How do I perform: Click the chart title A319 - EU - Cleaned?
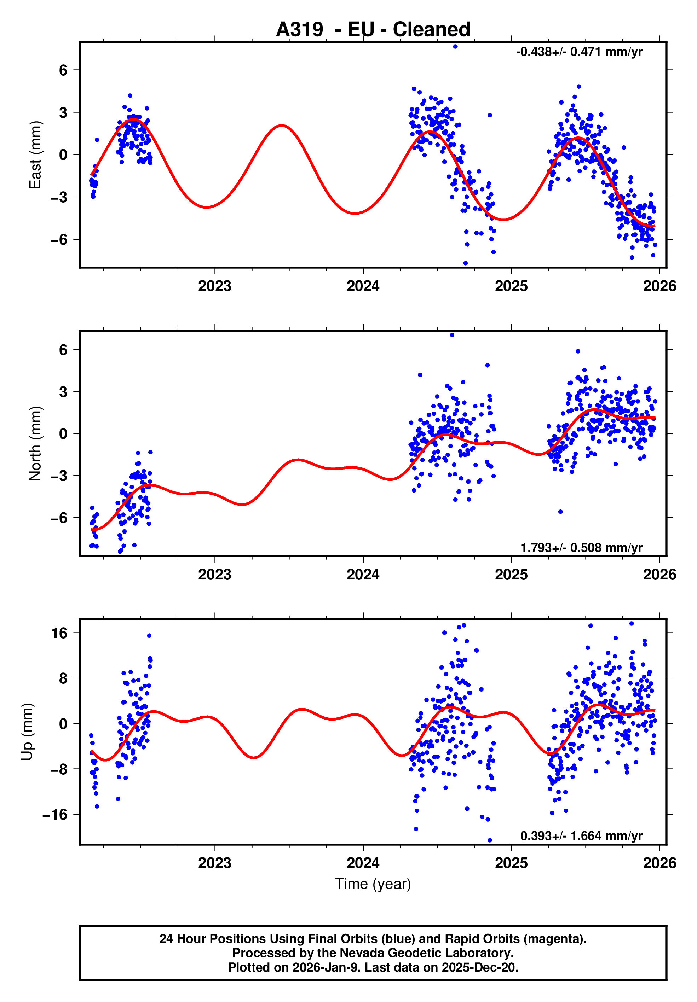[x=373, y=30]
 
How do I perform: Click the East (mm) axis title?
[x=35, y=155]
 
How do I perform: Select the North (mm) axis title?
[x=35, y=443]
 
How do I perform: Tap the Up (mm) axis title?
[x=27, y=732]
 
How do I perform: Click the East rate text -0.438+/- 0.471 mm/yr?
[x=579, y=52]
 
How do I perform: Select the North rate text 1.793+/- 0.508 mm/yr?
[x=581, y=548]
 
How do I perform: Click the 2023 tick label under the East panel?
[x=214, y=286]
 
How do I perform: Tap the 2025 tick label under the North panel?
[x=511, y=575]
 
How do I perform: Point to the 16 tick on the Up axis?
[x=59, y=633]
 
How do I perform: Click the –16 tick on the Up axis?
[x=55, y=815]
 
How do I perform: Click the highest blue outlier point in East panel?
[x=455, y=47]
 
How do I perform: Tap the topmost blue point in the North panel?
[x=452, y=335]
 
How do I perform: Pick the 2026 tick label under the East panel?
[x=659, y=286]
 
